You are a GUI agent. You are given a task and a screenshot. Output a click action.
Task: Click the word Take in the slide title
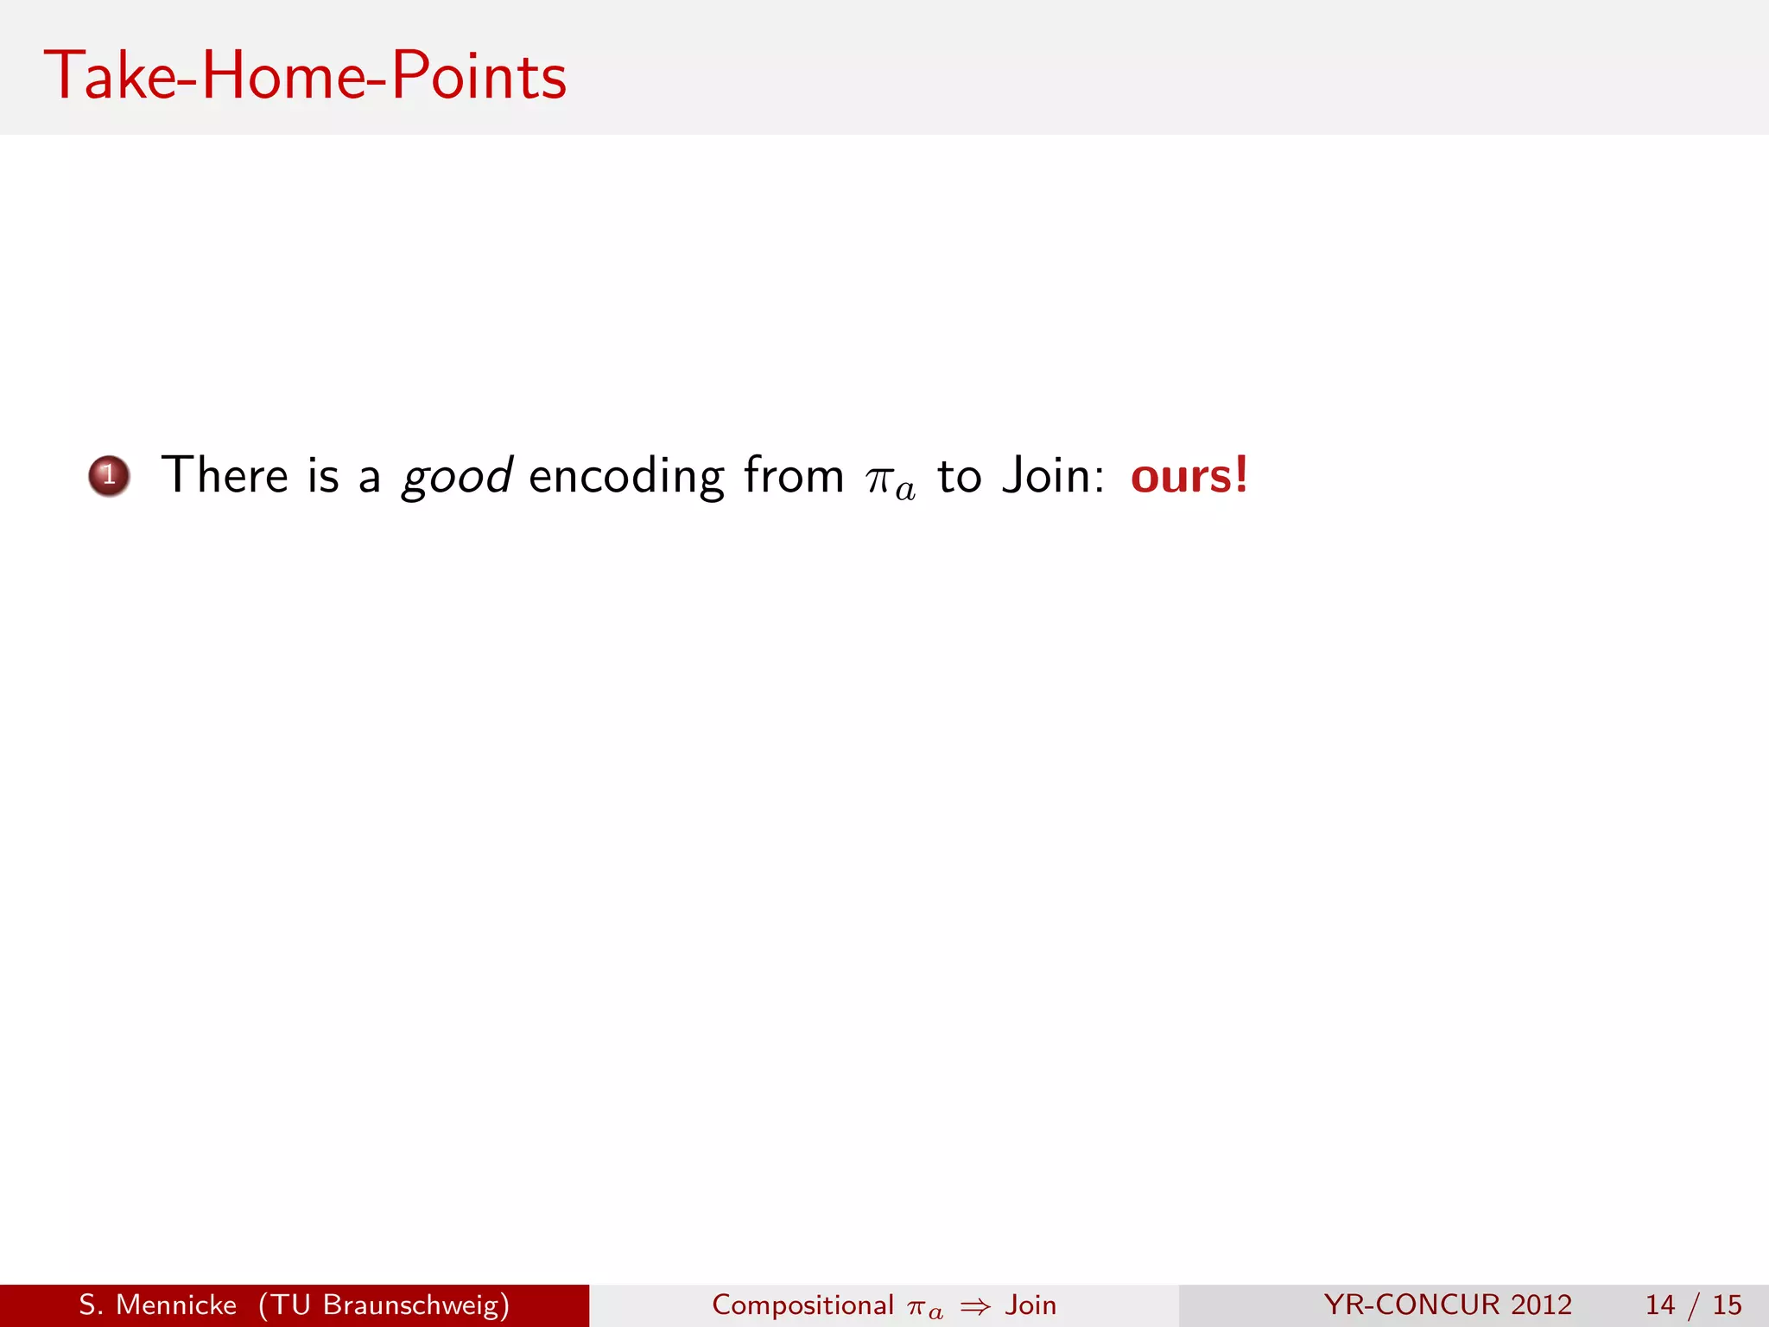[x=110, y=76]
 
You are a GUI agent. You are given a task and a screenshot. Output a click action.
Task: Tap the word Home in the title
[x=282, y=76]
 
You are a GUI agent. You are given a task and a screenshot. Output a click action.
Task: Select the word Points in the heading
[x=479, y=76]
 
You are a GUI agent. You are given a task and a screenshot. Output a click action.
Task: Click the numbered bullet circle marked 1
[x=109, y=476]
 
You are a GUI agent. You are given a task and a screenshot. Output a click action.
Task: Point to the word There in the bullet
[x=225, y=476]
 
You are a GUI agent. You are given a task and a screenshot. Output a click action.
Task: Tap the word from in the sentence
[x=794, y=476]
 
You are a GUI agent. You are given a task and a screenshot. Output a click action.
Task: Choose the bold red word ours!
[x=1189, y=476]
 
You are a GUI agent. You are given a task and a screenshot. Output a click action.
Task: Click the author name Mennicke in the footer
[x=176, y=1305]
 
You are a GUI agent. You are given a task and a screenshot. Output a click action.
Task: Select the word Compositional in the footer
[x=802, y=1305]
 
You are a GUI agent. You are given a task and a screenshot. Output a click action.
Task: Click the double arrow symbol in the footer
[x=975, y=1306]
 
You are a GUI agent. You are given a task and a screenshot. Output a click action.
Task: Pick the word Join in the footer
[x=1030, y=1305]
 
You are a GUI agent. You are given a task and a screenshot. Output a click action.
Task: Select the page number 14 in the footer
[x=1660, y=1305]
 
